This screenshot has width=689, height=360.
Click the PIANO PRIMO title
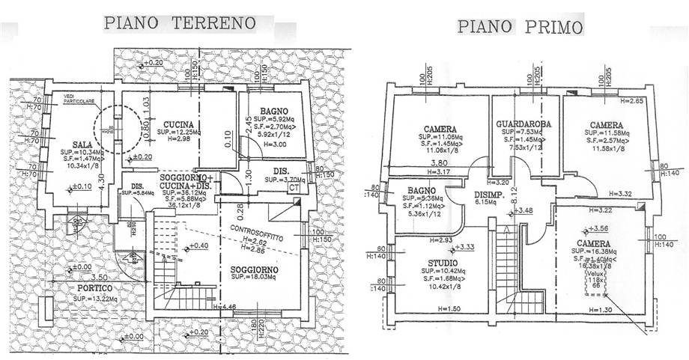click(520, 28)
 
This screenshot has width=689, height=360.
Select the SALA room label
click(72, 144)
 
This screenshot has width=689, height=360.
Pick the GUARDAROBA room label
click(523, 124)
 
